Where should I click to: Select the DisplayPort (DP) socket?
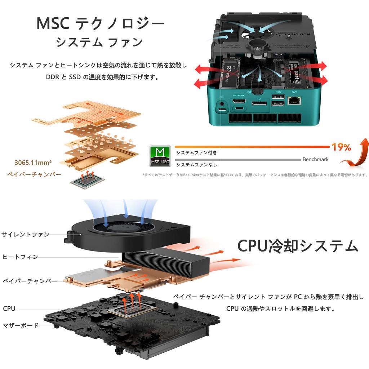point(259,104)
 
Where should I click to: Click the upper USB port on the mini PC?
point(277,97)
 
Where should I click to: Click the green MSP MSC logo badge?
point(160,156)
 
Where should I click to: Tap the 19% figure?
point(341,147)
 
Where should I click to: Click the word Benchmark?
point(315,159)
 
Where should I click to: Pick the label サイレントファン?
point(25,235)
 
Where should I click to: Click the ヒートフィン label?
point(20,257)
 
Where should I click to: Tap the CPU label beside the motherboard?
point(9,308)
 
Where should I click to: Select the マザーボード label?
point(21,325)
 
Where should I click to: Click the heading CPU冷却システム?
point(298,246)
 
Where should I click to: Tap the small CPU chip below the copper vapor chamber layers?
point(87,181)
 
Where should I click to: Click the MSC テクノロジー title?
point(101,23)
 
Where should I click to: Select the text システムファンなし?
point(196,165)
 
